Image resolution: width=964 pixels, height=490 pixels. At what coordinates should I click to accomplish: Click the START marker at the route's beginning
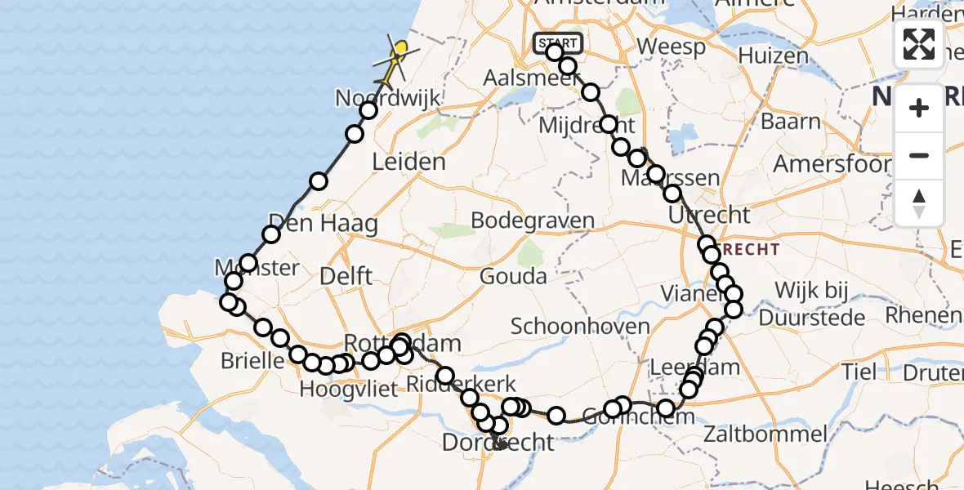(x=557, y=42)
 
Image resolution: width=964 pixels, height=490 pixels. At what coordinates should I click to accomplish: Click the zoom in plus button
(x=919, y=108)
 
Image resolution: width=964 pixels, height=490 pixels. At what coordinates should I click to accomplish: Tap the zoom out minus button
(x=919, y=155)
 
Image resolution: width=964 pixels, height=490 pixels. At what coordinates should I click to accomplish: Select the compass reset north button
(x=919, y=203)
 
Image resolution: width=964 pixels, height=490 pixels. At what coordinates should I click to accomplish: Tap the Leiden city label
(x=408, y=162)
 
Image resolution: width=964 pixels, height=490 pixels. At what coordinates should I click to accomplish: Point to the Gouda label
(x=514, y=276)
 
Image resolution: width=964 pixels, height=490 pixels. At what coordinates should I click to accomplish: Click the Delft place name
(x=346, y=276)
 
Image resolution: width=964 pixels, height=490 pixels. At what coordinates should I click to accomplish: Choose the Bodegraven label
(x=533, y=221)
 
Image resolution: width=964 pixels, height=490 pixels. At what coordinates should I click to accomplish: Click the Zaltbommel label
(x=756, y=433)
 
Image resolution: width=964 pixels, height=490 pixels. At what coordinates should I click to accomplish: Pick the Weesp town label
(x=672, y=47)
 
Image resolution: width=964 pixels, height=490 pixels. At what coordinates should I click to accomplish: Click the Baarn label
(x=790, y=122)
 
